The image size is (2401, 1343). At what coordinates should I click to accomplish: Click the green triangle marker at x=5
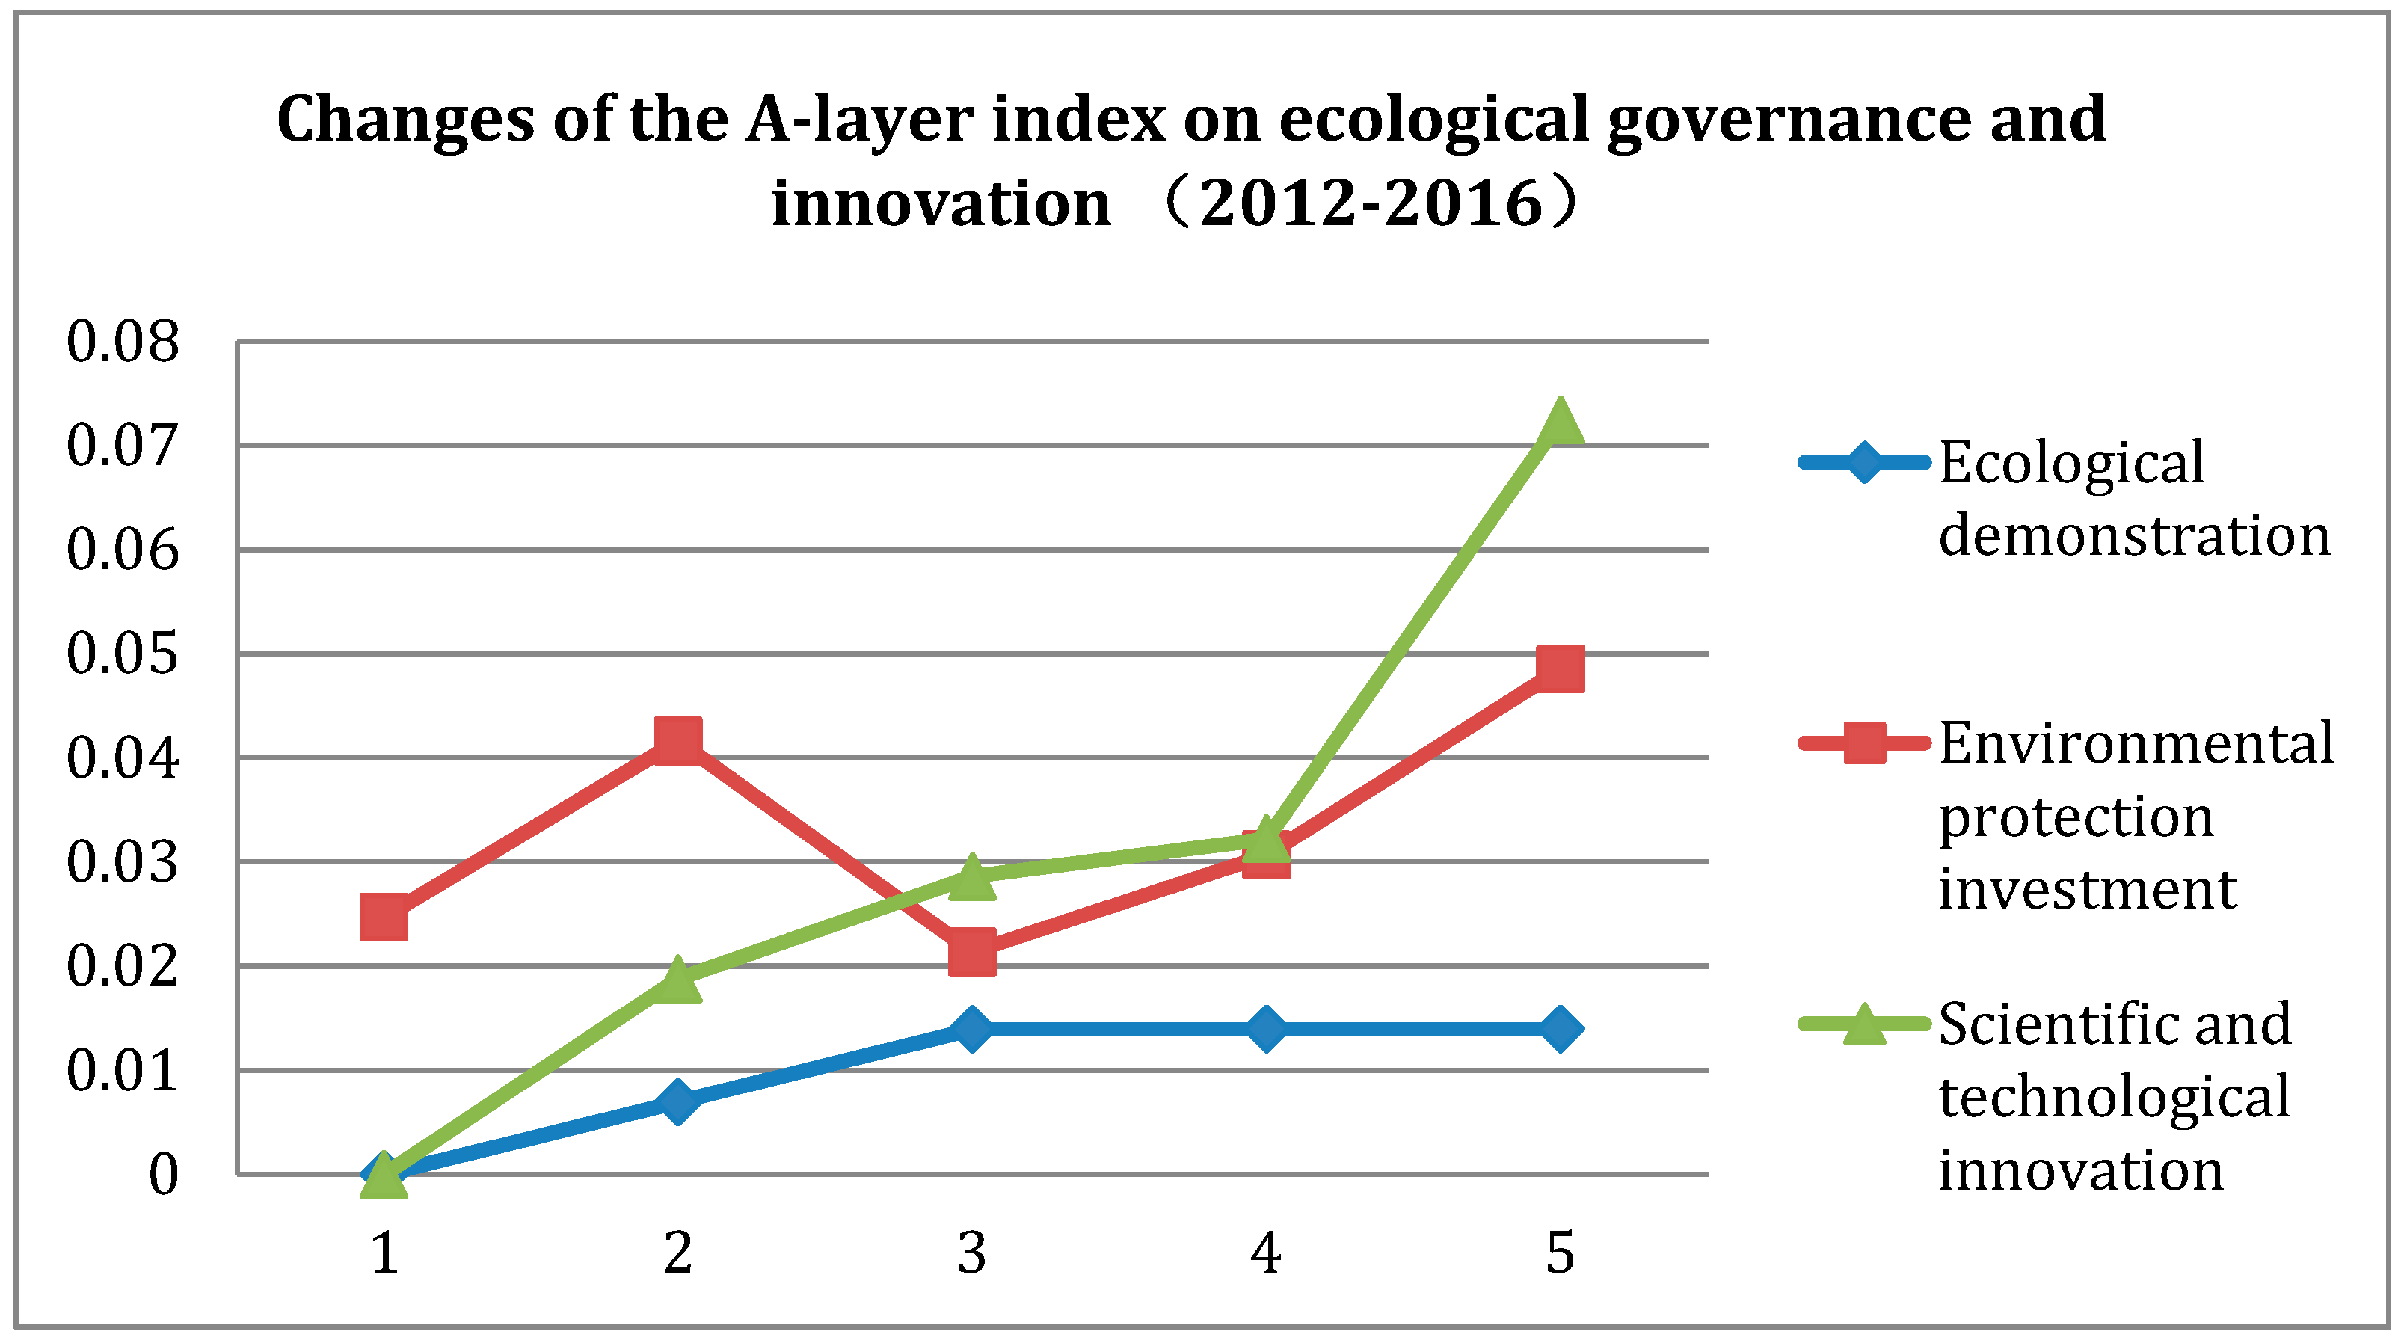point(1559,424)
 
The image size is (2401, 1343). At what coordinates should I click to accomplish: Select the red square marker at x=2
point(677,740)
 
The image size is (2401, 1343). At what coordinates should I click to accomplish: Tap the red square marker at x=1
point(383,917)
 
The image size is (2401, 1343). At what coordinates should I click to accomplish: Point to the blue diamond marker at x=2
point(677,1101)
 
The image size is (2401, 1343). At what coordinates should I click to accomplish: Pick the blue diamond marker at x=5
point(1559,1029)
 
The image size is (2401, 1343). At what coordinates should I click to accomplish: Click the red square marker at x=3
point(971,950)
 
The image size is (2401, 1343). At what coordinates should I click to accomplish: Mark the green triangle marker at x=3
point(971,878)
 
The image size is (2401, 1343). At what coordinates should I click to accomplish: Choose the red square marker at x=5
point(1559,669)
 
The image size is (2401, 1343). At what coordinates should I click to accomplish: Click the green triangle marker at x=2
point(677,980)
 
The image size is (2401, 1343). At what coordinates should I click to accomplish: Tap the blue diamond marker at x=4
point(1266,1029)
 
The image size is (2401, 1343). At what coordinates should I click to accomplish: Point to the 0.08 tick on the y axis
point(122,341)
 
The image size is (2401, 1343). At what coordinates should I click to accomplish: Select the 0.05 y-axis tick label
point(122,654)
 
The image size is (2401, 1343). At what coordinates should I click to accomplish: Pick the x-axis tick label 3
point(971,1253)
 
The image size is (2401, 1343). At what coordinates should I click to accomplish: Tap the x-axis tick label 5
point(1559,1253)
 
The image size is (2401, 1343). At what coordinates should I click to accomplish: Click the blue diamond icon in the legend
point(1864,462)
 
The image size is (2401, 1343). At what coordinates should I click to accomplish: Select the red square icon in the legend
point(1864,743)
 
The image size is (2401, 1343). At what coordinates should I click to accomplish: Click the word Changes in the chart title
point(405,121)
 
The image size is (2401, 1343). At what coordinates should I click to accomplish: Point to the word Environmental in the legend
point(2136,744)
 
